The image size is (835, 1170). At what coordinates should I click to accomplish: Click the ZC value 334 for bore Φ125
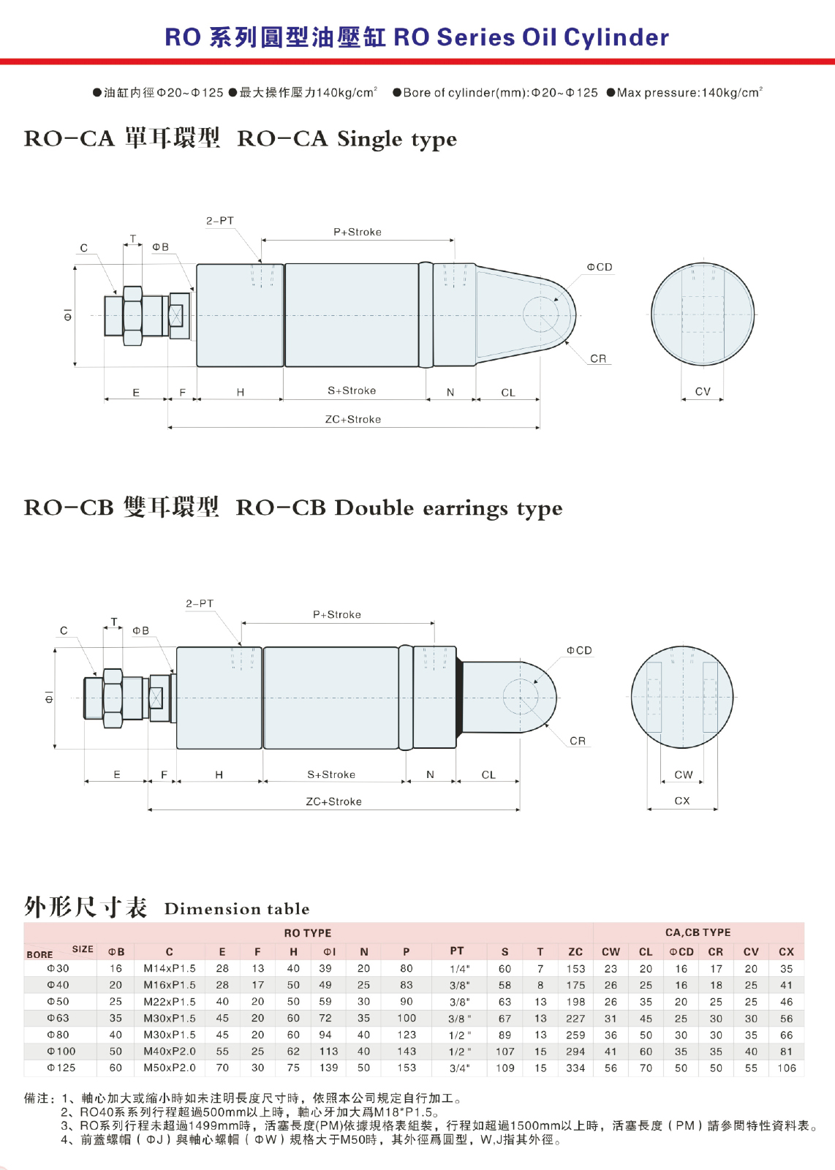[x=575, y=1068]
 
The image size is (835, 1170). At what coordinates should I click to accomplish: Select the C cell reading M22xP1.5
[x=169, y=1001]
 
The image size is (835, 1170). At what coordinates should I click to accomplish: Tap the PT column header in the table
[x=457, y=951]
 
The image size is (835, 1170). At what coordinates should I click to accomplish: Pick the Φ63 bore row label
[x=58, y=1018]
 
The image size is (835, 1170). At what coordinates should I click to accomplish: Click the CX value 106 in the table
[x=787, y=1068]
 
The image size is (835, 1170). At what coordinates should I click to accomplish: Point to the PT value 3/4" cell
[x=459, y=1068]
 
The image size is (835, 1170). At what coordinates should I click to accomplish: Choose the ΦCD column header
[x=681, y=951]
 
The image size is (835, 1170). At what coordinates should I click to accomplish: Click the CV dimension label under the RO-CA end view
[x=703, y=391]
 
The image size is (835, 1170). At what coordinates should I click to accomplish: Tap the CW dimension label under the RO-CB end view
[x=683, y=774]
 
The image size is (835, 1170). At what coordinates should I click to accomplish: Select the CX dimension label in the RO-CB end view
[x=682, y=801]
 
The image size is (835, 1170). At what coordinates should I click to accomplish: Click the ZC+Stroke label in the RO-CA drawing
[x=353, y=420]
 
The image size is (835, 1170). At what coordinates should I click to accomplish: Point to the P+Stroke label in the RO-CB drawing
[x=337, y=615]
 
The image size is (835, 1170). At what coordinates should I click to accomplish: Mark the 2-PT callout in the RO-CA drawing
[x=220, y=221]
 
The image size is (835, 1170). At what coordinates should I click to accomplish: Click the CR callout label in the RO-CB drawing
[x=578, y=741]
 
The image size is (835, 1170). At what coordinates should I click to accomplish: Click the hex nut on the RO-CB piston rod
[x=113, y=698]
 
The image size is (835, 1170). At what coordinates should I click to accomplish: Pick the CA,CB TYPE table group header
[x=698, y=932]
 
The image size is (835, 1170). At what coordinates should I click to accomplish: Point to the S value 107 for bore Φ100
[x=505, y=1052]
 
